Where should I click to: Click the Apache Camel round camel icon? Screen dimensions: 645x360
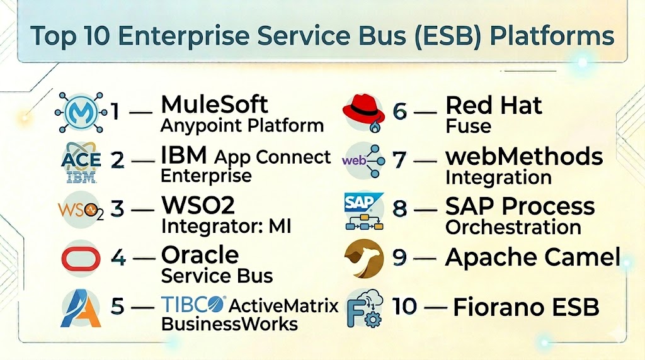[363, 259]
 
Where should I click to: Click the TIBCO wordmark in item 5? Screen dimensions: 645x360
[193, 305]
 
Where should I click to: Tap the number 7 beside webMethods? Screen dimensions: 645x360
[399, 160]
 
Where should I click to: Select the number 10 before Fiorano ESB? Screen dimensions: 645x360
[405, 306]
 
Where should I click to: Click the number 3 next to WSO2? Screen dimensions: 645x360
[117, 209]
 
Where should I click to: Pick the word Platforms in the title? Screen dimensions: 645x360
[552, 36]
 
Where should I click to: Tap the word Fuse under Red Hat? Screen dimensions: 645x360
[468, 126]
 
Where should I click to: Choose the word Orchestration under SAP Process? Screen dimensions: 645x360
[513, 227]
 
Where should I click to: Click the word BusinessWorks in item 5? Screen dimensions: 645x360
[229, 324]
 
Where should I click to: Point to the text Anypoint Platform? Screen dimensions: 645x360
[242, 126]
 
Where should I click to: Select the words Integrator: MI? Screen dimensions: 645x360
[226, 227]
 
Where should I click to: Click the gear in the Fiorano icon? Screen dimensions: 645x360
[373, 319]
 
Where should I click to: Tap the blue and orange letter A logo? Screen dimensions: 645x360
[81, 308]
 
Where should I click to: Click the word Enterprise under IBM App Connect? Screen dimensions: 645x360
[206, 176]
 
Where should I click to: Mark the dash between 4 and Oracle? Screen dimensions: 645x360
[144, 259]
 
